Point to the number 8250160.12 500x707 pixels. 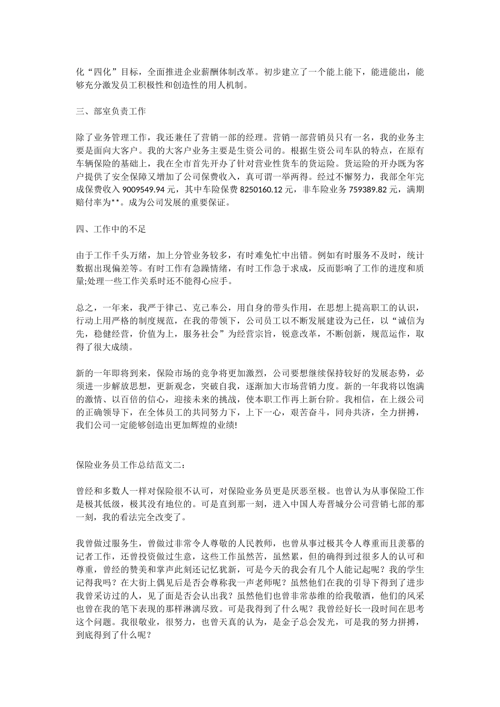coord(264,190)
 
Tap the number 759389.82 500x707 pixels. coord(374,190)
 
